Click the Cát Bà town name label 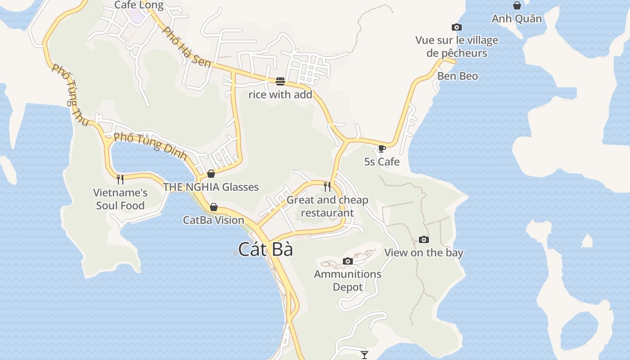click(265, 249)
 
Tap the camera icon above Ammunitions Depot click(347, 261)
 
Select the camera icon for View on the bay click(423, 239)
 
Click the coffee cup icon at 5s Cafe click(382, 148)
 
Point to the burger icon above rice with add click(280, 81)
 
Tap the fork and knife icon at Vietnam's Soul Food click(120, 180)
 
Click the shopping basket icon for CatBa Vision click(214, 207)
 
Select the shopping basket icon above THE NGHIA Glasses click(211, 174)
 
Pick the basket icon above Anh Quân click(517, 5)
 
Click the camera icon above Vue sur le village click(457, 27)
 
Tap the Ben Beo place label click(458, 76)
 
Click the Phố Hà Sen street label click(186, 47)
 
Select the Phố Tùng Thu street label click(70, 94)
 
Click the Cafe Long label click(139, 5)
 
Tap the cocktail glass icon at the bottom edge click(364, 355)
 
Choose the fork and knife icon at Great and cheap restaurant click(327, 186)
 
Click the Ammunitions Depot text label click(347, 280)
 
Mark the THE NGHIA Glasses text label click(211, 187)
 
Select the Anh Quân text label click(517, 19)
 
